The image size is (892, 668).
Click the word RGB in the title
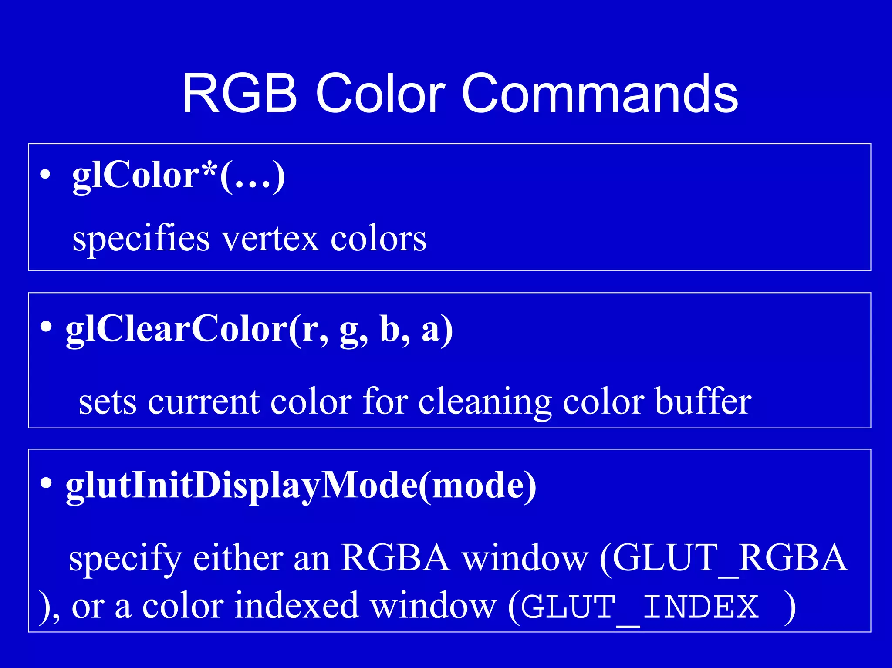pos(239,94)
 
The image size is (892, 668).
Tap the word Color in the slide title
pos(380,94)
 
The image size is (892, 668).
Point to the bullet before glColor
pos(45,175)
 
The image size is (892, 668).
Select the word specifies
pos(141,239)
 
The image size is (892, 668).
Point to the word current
pos(206,401)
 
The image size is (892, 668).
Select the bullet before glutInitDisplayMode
pos(46,483)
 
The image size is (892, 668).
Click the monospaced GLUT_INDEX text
pos(639,607)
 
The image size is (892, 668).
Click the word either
pos(238,558)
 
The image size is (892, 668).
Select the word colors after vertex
pos(378,239)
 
